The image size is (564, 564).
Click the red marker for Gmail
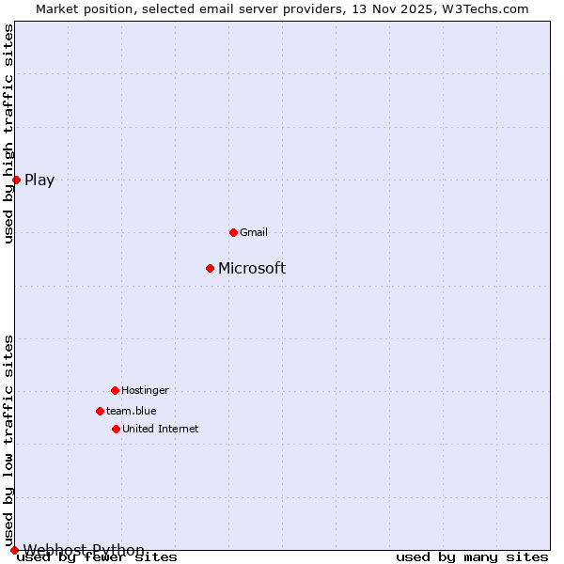coord(233,232)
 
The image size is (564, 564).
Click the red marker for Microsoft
coord(210,268)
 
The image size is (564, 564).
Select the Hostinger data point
coord(115,390)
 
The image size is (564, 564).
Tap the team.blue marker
coord(100,411)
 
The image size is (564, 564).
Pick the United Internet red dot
coord(116,429)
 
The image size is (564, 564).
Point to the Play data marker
coord(16,180)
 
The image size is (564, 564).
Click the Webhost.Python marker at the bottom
coord(14,550)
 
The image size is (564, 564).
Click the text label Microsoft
coord(252,269)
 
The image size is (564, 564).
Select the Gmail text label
coord(254,232)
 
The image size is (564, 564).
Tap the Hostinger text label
coord(145,390)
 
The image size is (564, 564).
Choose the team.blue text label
coord(131,411)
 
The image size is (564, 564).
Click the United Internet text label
coord(160,429)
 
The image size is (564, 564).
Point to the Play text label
coord(39,180)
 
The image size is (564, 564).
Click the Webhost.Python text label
coord(84,550)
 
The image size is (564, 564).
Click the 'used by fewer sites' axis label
coord(97,557)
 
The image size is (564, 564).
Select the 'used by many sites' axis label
coord(472,557)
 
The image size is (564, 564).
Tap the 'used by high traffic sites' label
coord(8,133)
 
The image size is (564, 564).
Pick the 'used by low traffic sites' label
coord(8,440)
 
